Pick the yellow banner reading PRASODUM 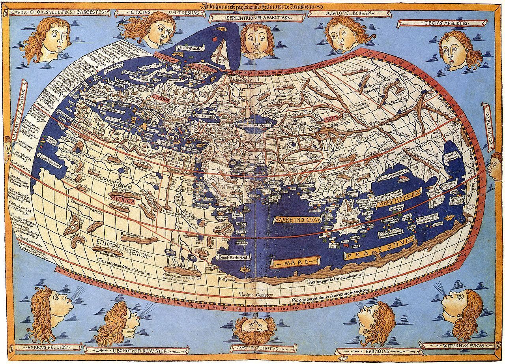379,244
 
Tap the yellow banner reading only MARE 295,263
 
